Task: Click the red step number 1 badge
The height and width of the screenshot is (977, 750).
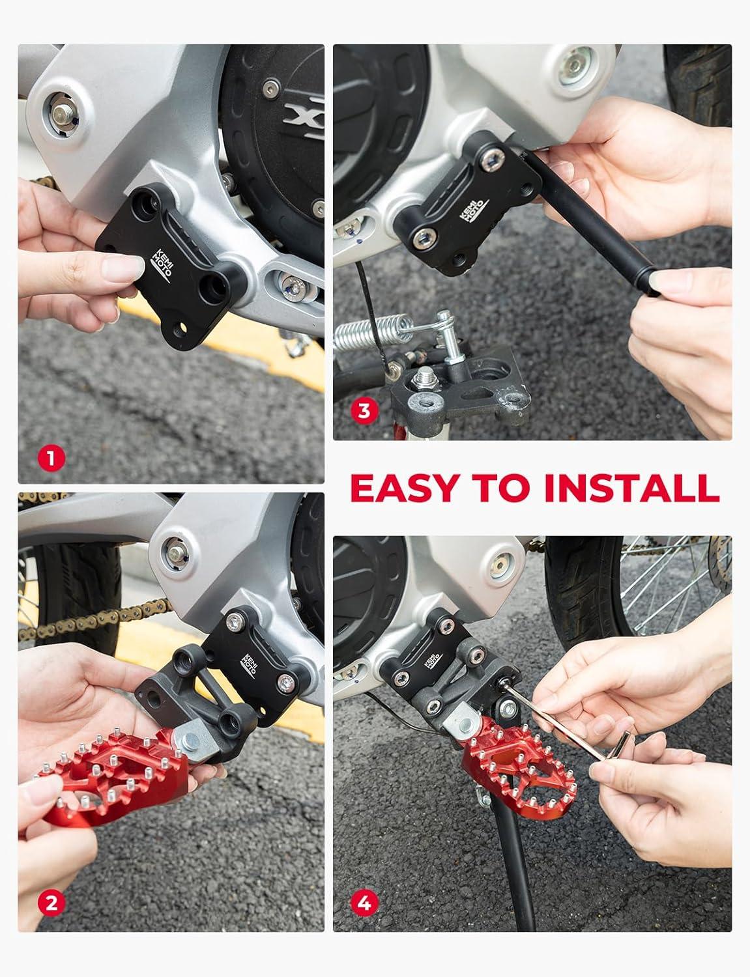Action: coord(51,459)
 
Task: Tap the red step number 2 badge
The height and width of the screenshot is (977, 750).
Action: coord(51,903)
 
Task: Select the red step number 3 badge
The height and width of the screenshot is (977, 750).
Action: coord(364,410)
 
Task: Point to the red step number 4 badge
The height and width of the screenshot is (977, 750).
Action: coord(364,903)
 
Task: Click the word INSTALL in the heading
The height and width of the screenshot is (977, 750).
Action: coord(632,488)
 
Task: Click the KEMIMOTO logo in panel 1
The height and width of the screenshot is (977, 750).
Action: coord(162,264)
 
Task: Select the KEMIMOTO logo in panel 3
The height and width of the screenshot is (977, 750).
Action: coord(474,210)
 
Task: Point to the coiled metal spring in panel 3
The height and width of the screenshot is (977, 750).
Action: coord(373,332)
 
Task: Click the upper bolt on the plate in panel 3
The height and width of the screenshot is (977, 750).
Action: coord(491,160)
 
